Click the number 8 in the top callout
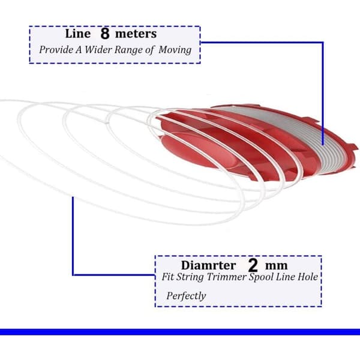pyautogui.click(x=104, y=34)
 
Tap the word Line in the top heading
pyautogui.click(x=78, y=34)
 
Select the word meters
pyautogui.click(x=136, y=34)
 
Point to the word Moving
pyautogui.click(x=175, y=50)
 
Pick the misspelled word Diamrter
pyautogui.click(x=208, y=265)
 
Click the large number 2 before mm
pyautogui.click(x=253, y=265)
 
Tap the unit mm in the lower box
pyautogui.click(x=276, y=266)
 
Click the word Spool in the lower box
pyautogui.click(x=261, y=277)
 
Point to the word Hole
pyautogui.click(x=308, y=277)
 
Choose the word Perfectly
pyautogui.click(x=186, y=296)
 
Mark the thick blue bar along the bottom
pyautogui.click(x=180, y=332)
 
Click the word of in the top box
pyautogui.click(x=149, y=50)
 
